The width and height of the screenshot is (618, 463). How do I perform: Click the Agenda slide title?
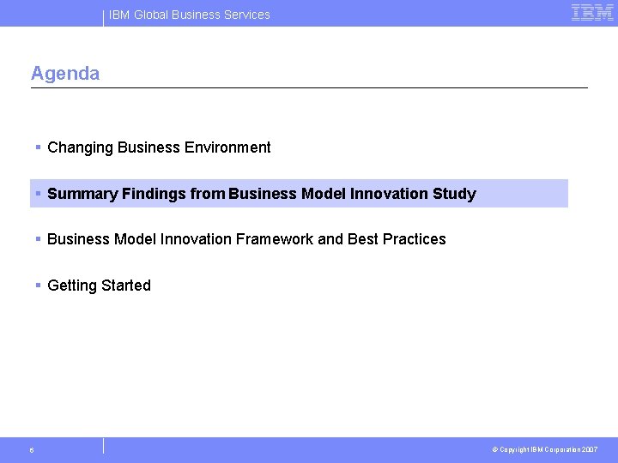pyautogui.click(x=65, y=74)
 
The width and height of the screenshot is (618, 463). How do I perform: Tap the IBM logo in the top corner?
pyautogui.click(x=592, y=13)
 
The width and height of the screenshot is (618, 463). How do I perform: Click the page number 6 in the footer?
pyautogui.click(x=32, y=450)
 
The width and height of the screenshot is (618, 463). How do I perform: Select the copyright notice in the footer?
pyautogui.click(x=544, y=450)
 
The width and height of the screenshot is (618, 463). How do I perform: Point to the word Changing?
pyautogui.click(x=81, y=147)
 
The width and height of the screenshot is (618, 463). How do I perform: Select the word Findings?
pyautogui.click(x=154, y=194)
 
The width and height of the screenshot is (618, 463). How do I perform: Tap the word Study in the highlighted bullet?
pyautogui.click(x=454, y=194)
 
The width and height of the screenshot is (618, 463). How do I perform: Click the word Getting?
pyautogui.click(x=73, y=286)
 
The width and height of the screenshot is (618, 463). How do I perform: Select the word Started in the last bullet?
pyautogui.click(x=127, y=286)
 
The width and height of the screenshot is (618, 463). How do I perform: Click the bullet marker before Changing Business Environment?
pyautogui.click(x=39, y=147)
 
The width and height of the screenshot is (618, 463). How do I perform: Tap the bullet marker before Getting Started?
pyautogui.click(x=39, y=286)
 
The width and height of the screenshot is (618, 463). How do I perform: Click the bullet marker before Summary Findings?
pyautogui.click(x=39, y=194)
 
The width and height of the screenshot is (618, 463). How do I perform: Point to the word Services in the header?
pyautogui.click(x=245, y=15)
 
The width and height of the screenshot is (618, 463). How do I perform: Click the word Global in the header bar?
pyautogui.click(x=151, y=15)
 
